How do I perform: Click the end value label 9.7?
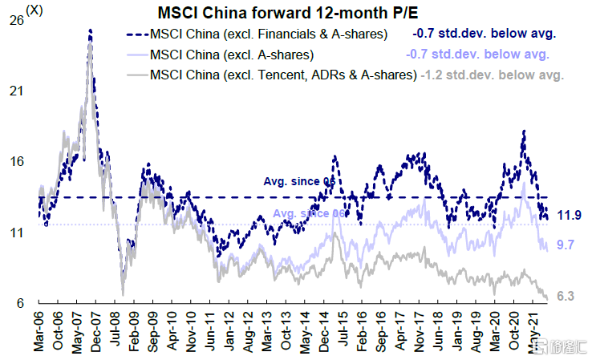pos(567,244)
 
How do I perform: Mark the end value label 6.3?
pos(567,297)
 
